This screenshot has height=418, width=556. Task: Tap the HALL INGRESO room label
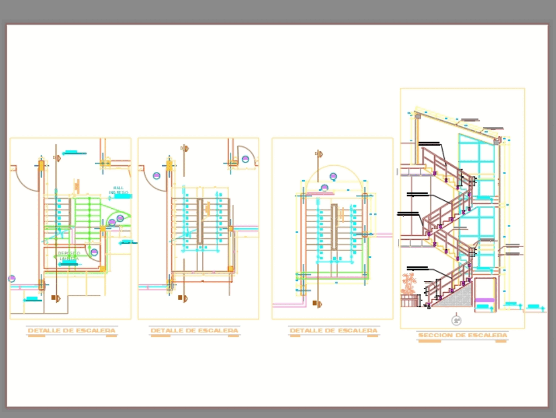[x=118, y=190]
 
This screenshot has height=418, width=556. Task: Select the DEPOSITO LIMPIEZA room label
[x=69, y=256]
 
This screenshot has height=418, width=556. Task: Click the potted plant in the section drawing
[x=409, y=282]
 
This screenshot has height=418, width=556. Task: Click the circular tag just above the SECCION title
[x=456, y=321]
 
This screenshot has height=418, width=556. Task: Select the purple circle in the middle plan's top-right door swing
[x=245, y=159]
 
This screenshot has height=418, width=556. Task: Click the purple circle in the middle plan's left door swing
[x=157, y=176]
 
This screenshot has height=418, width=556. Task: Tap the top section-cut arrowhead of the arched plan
[x=319, y=153]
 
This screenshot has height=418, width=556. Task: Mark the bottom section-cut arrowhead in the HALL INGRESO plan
[x=55, y=298]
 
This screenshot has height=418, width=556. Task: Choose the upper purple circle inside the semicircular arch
[x=333, y=177]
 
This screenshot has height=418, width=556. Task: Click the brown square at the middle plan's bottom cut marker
[x=180, y=298]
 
